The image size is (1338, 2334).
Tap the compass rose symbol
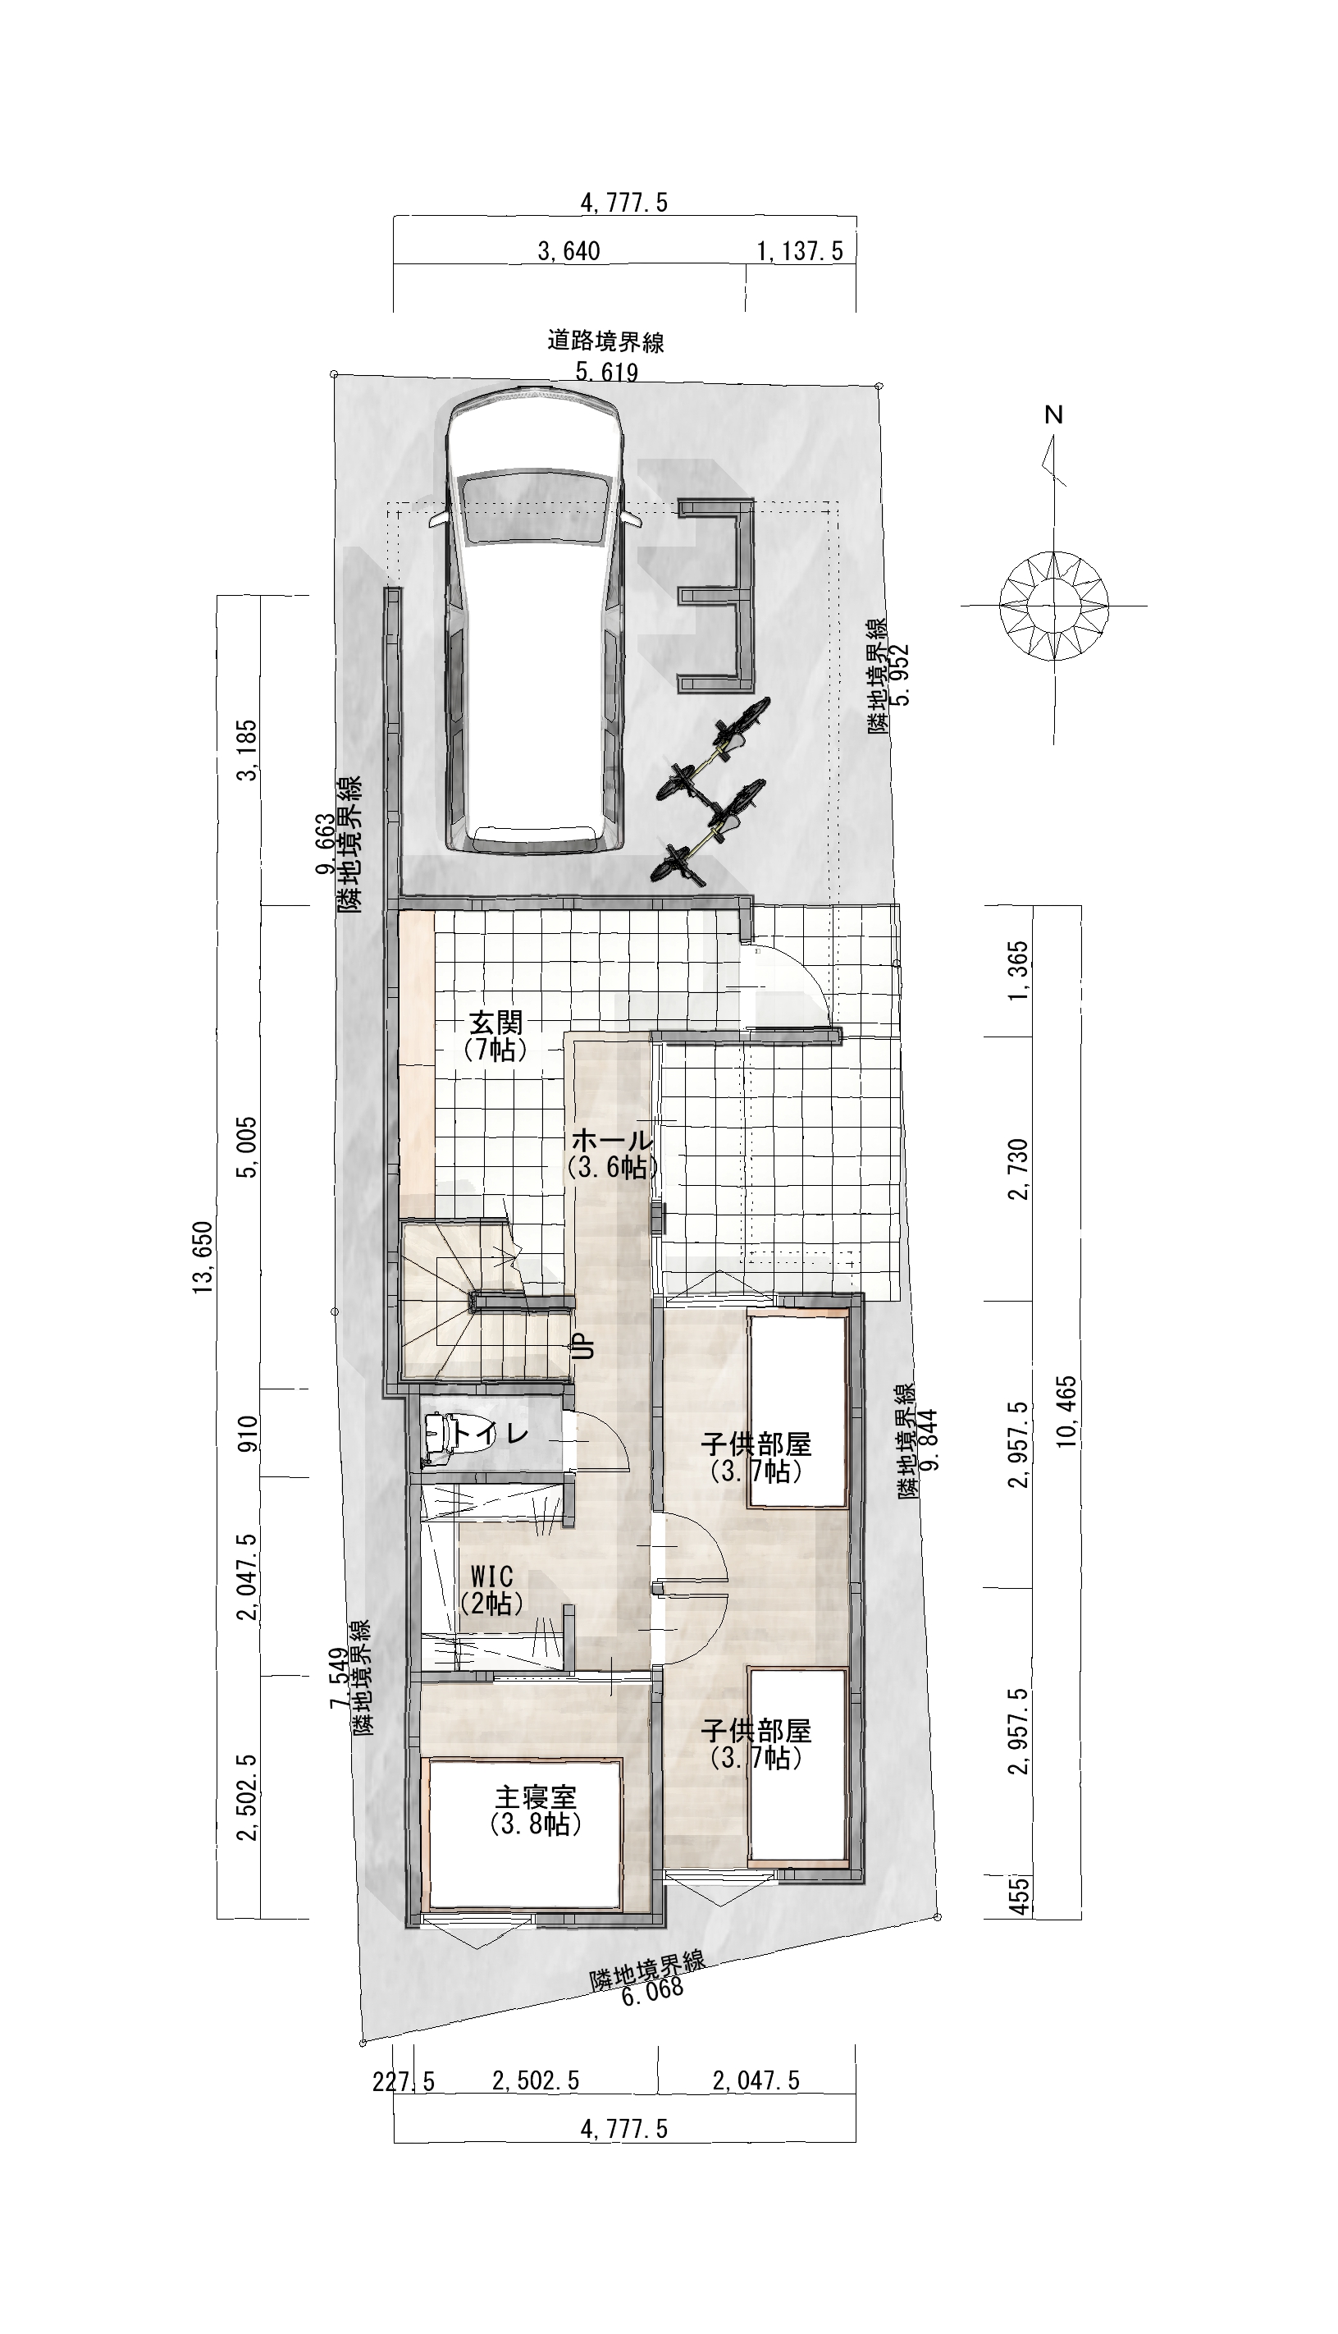1054,605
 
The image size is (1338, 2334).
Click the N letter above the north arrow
1054,414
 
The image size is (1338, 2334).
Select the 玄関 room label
496,1021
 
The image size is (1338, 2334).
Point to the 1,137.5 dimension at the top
800,251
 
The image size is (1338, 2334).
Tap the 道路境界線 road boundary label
605,343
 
